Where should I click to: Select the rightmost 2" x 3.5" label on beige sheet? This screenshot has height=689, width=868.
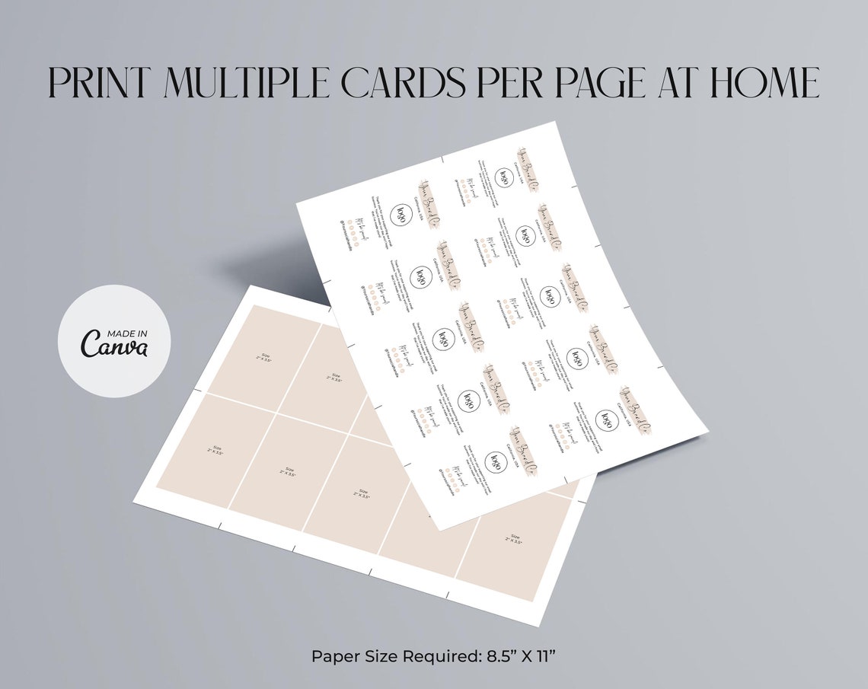(x=515, y=539)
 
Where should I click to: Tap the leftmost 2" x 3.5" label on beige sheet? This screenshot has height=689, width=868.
(x=217, y=450)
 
